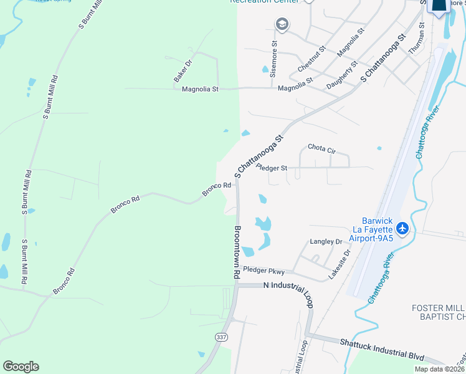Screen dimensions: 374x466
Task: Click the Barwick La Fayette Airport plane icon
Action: pos(402,229)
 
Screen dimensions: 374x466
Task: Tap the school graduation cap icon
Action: pos(282,24)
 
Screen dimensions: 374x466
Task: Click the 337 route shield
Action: pos(221,337)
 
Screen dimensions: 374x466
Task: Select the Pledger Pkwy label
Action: pos(264,271)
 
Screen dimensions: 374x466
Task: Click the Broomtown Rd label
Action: pos(237,251)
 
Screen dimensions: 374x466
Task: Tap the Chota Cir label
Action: pos(322,150)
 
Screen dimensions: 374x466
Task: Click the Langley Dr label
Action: pos(326,241)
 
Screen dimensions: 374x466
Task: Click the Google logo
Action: pos(21,367)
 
